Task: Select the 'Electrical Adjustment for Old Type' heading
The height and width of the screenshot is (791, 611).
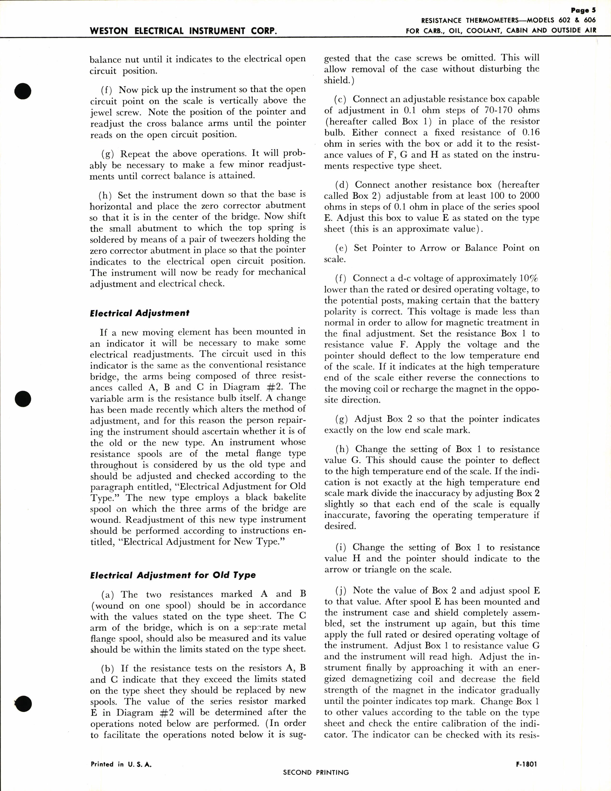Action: tap(173, 575)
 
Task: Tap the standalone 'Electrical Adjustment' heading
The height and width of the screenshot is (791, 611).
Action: tap(140, 313)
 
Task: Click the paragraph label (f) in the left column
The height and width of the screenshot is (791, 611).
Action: tap(107, 89)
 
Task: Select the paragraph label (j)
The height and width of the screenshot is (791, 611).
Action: tap(341, 591)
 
